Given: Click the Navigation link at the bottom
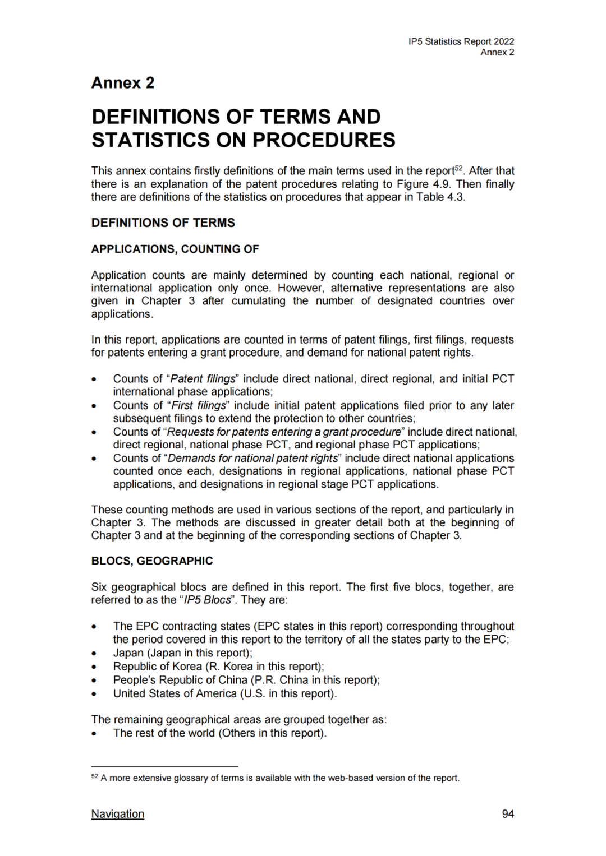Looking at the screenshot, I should [x=117, y=813].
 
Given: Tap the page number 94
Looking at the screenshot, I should [x=507, y=813].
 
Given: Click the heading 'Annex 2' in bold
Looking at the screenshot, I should [x=123, y=83].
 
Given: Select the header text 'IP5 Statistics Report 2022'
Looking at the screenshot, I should [x=461, y=41].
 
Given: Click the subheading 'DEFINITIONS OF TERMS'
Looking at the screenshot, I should [x=163, y=223].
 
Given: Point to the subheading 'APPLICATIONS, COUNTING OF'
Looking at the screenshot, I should [x=175, y=249].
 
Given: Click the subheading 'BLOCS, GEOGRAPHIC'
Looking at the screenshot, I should [x=152, y=561].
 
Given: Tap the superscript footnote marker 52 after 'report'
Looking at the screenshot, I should [x=458, y=168].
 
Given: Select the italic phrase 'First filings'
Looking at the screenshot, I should [x=199, y=405].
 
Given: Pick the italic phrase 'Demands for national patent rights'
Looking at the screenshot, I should [x=252, y=458].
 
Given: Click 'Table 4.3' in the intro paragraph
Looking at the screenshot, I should [x=439, y=197].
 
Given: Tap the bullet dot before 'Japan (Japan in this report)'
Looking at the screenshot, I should [x=94, y=654].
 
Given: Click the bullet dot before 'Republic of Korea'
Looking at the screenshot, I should [x=94, y=667].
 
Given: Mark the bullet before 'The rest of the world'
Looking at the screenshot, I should [x=94, y=734].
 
